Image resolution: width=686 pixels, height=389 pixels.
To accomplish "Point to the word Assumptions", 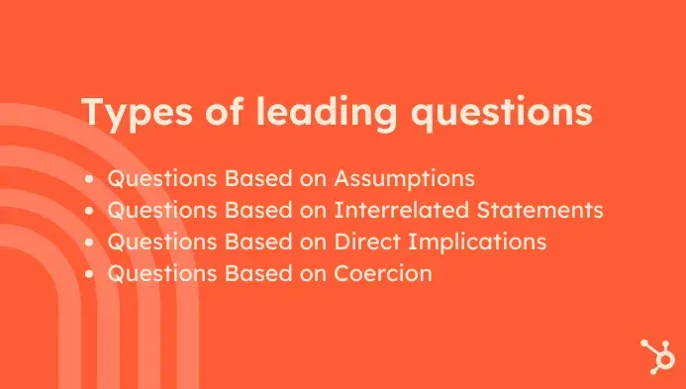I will click(x=405, y=179).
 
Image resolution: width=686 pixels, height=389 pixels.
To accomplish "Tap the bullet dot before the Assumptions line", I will click(x=91, y=180).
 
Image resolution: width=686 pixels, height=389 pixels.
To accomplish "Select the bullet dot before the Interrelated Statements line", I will click(x=91, y=212).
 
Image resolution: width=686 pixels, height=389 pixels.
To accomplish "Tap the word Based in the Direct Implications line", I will click(x=241, y=243).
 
